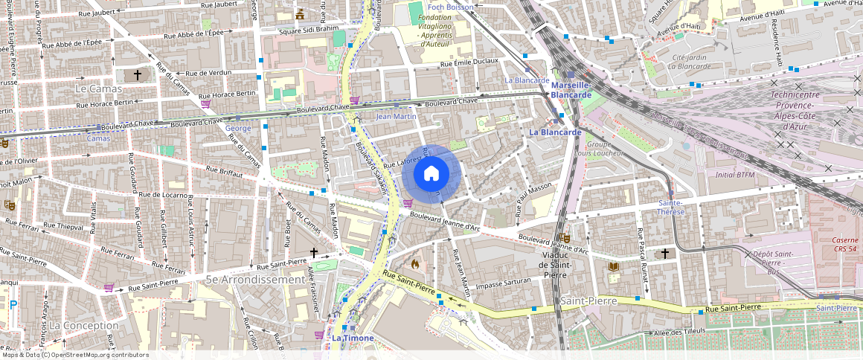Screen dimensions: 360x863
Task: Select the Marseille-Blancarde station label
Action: click(571, 89)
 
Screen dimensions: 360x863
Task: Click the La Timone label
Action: click(353, 338)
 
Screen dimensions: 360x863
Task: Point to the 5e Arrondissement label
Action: click(255, 280)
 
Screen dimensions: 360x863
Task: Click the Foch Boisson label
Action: click(452, 7)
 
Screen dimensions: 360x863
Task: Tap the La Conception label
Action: click(83, 326)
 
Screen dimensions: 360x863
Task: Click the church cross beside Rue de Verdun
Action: click(137, 75)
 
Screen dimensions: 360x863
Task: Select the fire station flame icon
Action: click(414, 264)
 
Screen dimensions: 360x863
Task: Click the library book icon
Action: click(614, 266)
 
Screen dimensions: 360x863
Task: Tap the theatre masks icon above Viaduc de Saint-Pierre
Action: click(564, 237)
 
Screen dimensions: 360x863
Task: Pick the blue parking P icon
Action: click(13, 303)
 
